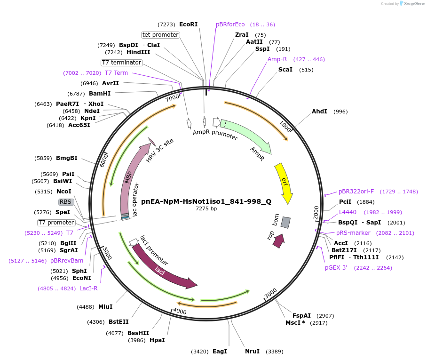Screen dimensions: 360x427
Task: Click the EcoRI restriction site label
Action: (x=188, y=24)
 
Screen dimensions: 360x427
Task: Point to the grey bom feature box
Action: (x=285, y=223)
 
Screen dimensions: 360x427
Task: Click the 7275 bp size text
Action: (x=206, y=208)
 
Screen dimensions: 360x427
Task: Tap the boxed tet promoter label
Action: (x=160, y=35)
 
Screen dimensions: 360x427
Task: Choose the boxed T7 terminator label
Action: (x=121, y=63)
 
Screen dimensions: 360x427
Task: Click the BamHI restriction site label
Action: (x=100, y=93)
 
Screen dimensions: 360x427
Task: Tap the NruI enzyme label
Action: (x=252, y=352)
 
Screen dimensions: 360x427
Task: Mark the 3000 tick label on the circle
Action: (x=271, y=295)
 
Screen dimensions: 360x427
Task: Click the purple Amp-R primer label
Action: (x=277, y=59)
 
